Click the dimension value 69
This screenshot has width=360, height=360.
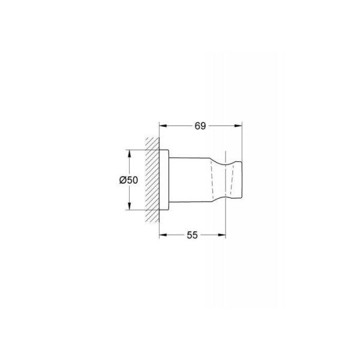pos(200,126)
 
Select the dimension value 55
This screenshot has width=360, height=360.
pos(192,235)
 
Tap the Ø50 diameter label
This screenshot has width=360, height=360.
pos(128,180)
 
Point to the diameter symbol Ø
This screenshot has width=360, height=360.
pos(123,180)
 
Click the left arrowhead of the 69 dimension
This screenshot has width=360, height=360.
pos(163,125)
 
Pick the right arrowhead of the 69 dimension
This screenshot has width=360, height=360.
pos(239,125)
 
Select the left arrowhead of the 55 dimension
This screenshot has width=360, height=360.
pos(163,235)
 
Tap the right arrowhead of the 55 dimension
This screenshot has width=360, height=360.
pos(222,235)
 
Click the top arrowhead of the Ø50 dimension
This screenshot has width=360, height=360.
pos(129,154)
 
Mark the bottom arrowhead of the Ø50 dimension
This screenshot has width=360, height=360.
pos(129,206)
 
